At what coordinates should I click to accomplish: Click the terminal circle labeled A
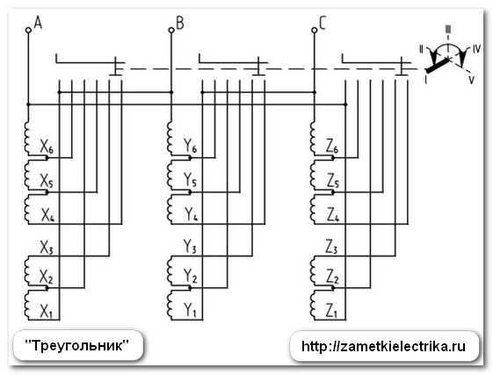tap(28, 30)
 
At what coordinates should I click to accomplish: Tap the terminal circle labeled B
tap(171, 30)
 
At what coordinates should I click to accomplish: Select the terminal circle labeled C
tap(314, 30)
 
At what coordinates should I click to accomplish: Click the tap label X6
tap(47, 147)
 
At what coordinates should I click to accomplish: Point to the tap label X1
tap(47, 311)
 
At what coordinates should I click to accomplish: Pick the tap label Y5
tap(190, 180)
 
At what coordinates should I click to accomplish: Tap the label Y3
tap(190, 246)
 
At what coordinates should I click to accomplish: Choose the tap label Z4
tap(333, 215)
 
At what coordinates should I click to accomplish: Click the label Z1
tap(331, 311)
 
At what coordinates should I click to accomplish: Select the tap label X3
tap(47, 248)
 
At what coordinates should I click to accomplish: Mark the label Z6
tap(332, 147)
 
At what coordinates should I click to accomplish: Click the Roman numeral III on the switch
tap(448, 30)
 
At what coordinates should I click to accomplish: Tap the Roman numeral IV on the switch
tap(476, 49)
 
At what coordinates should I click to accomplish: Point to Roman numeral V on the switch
tap(471, 81)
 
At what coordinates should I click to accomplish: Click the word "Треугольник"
tap(76, 346)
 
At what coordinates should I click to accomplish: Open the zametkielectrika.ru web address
tap(383, 346)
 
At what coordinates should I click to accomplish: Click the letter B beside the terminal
tap(180, 23)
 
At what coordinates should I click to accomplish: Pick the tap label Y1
tap(190, 311)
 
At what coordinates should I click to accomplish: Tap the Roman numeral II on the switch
tap(422, 49)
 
